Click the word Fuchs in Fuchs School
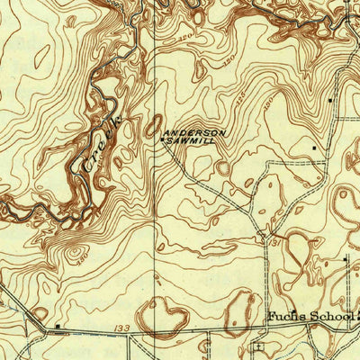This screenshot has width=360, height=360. pos(286,317)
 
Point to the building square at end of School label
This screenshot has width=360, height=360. pos(357,316)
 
